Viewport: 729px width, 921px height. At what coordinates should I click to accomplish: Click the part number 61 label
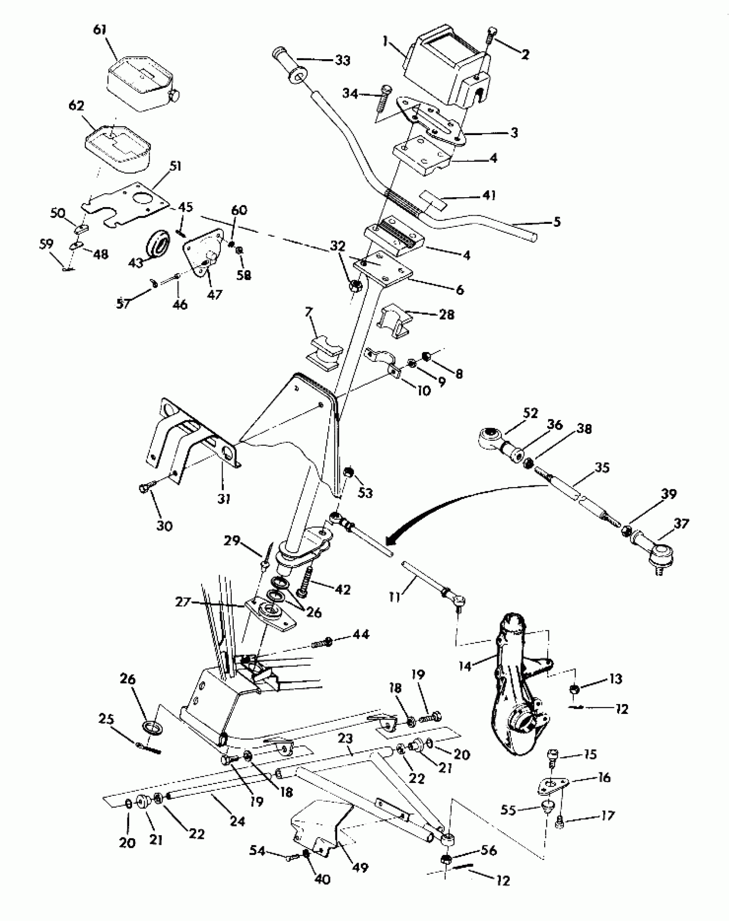pos(99,31)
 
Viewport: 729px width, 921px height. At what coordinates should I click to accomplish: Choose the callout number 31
pos(224,499)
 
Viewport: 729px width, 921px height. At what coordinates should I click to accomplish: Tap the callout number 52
pos(530,413)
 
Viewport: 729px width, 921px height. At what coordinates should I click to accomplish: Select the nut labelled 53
pos(349,472)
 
